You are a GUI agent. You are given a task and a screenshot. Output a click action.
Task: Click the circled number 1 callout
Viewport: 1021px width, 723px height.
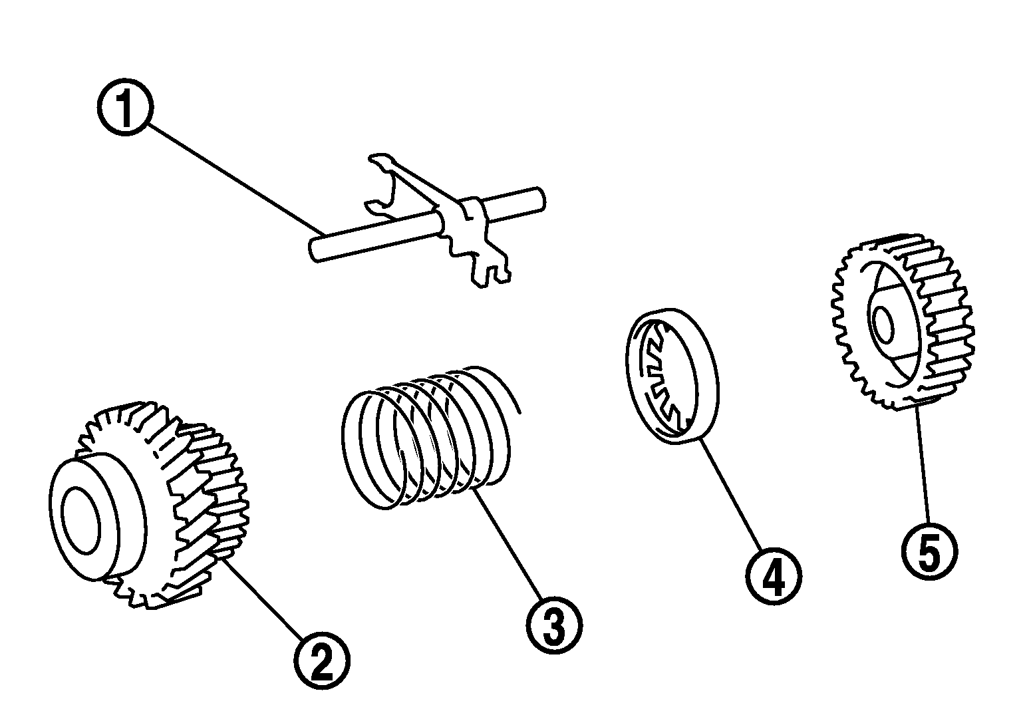125,108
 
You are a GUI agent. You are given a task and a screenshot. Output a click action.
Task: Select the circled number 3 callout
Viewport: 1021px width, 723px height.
554,625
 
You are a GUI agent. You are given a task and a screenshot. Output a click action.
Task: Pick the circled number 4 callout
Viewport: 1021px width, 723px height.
774,577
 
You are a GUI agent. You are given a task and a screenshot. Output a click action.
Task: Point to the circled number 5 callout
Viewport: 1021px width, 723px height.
929,551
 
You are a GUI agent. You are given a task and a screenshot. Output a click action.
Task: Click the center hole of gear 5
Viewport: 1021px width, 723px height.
884,325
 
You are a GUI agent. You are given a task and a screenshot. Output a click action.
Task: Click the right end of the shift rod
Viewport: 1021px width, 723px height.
540,199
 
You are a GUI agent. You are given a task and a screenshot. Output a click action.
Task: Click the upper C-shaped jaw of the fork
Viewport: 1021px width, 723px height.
382,185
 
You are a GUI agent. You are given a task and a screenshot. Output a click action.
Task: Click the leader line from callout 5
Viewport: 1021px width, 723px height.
922,464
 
